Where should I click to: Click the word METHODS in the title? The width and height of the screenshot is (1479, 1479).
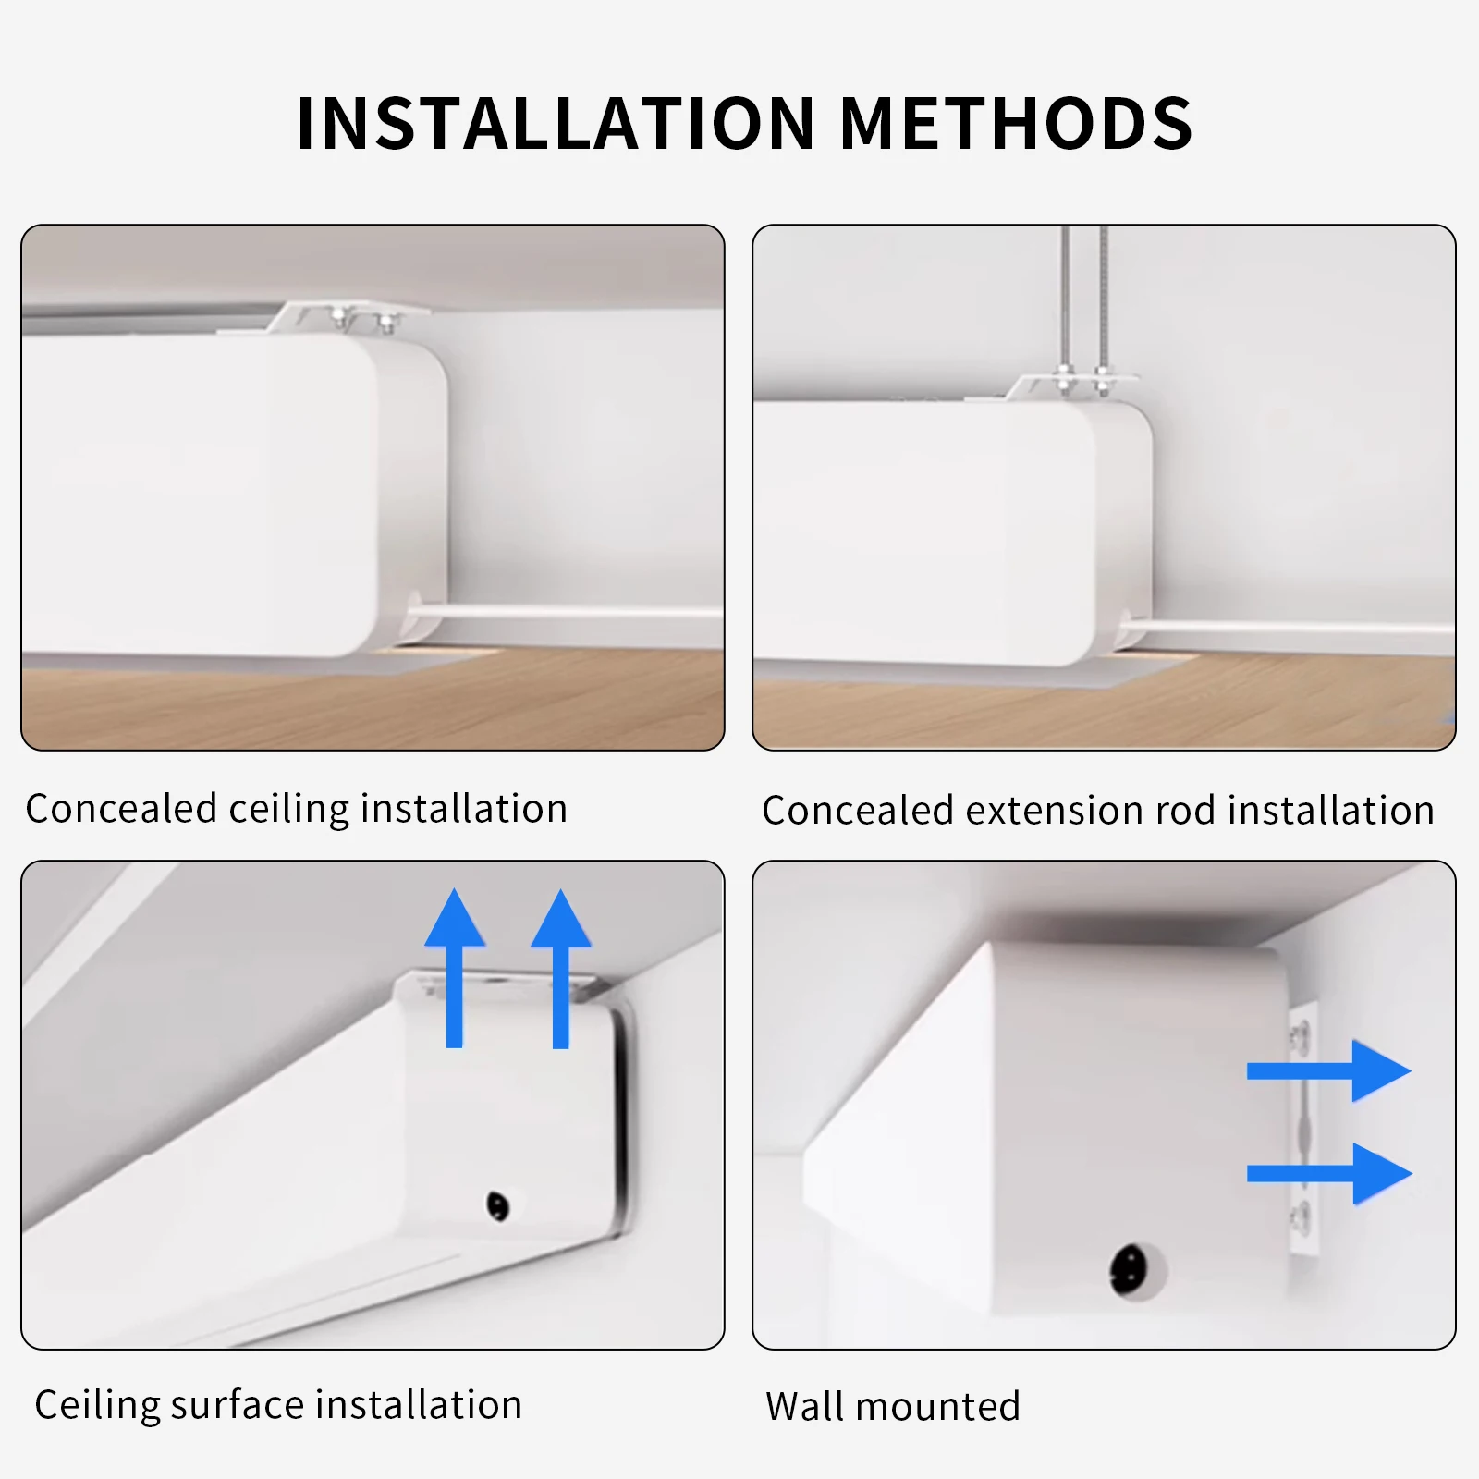(1015, 124)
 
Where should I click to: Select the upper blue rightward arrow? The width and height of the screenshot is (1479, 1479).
(1328, 1070)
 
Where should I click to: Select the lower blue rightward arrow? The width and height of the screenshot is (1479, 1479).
(1328, 1173)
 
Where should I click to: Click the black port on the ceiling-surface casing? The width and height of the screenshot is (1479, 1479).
(497, 1205)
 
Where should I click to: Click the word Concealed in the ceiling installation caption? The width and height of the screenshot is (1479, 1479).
(121, 808)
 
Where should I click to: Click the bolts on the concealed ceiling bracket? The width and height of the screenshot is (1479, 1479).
(363, 320)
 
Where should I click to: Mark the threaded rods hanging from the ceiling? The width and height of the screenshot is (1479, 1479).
(1083, 296)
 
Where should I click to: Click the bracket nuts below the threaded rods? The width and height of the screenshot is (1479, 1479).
(1082, 379)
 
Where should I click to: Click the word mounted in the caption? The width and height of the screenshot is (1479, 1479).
(937, 1406)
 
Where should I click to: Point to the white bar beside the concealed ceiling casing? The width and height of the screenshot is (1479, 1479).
(564, 612)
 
